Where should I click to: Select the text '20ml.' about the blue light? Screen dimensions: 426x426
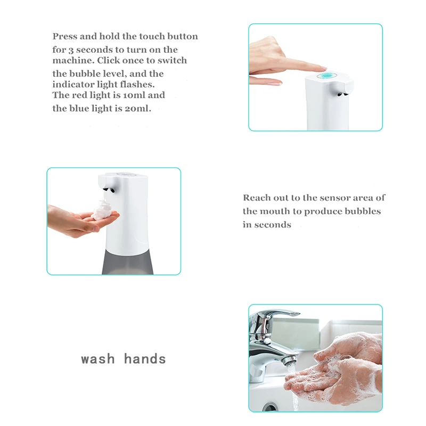click(138, 109)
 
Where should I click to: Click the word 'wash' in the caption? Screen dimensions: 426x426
click(98, 359)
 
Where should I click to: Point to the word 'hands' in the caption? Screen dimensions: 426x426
click(145, 358)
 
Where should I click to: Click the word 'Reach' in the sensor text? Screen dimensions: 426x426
click(257, 198)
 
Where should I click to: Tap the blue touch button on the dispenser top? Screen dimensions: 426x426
click(327, 75)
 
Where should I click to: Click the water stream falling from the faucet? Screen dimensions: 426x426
click(293, 389)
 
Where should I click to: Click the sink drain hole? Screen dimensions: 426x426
click(271, 407)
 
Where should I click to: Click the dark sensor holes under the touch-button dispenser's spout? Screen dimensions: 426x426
click(342, 95)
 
